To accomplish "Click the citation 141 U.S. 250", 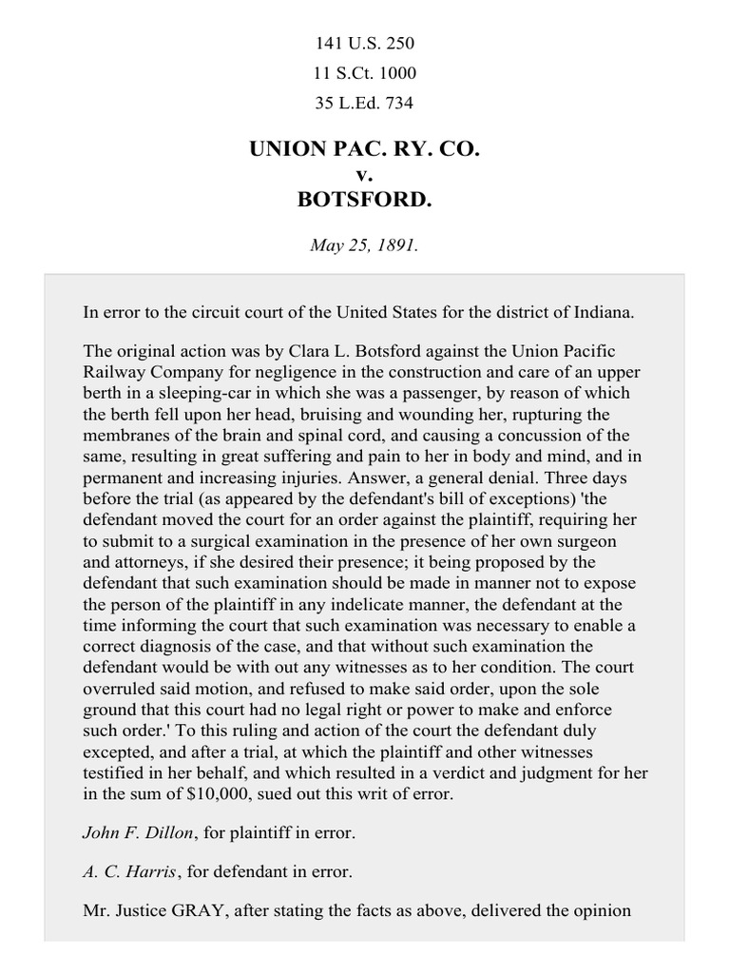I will click(x=365, y=44).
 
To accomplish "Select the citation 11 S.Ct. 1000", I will click(x=365, y=72).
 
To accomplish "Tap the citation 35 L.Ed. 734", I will click(x=365, y=102).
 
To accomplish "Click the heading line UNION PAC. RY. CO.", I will click(x=365, y=150).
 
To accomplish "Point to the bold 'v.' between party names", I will click(x=365, y=175).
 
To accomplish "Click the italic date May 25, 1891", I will click(x=365, y=244).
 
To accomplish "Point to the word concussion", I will click(x=525, y=435).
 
